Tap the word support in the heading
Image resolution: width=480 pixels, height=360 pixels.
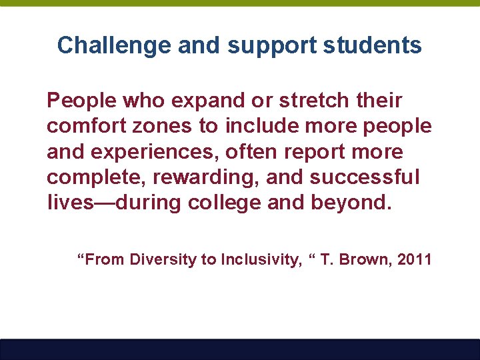click(271, 45)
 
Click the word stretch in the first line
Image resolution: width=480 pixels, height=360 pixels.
click(312, 101)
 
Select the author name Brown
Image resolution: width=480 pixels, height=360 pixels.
click(365, 260)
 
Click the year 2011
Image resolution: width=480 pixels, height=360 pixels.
click(414, 260)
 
